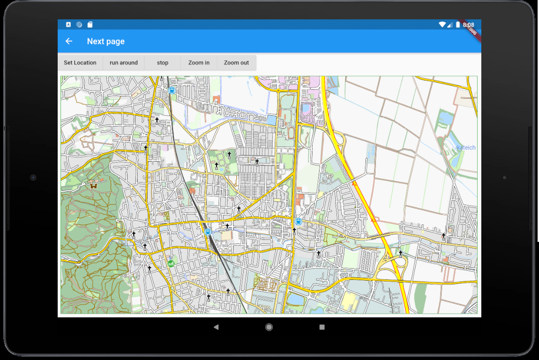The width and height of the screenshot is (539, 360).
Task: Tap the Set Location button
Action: [x=80, y=62]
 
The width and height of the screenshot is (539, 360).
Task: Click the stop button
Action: [x=163, y=62]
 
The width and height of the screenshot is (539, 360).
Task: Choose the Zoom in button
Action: [x=199, y=62]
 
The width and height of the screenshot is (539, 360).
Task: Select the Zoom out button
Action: [x=236, y=62]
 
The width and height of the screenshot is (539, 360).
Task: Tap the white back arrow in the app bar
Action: [x=69, y=41]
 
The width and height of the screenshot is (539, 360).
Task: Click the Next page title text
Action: [x=106, y=41]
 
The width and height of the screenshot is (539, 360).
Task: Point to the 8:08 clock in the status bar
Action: [x=469, y=25]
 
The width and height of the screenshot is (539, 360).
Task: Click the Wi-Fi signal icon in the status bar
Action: [x=442, y=25]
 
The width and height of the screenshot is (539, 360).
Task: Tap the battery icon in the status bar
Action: [x=458, y=25]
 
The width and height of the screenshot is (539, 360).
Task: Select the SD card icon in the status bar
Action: [x=90, y=25]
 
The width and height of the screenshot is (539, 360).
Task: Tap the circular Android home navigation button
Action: [x=269, y=327]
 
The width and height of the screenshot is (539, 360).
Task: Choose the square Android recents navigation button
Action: [x=322, y=327]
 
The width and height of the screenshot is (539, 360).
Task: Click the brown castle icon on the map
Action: [x=93, y=185]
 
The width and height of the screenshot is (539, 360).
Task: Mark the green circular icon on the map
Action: [x=171, y=263]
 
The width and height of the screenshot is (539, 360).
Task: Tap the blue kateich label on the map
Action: [x=466, y=148]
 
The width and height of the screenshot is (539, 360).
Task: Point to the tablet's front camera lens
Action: [x=33, y=178]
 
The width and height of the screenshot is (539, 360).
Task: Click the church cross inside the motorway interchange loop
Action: [x=400, y=253]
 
